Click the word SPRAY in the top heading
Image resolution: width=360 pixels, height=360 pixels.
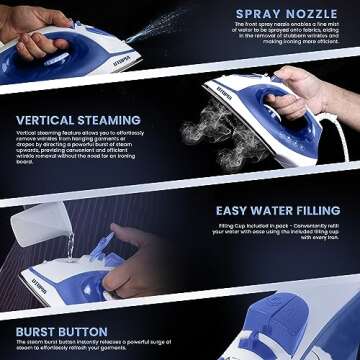(x=259, y=16)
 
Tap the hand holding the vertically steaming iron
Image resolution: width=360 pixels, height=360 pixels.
(x=310, y=95)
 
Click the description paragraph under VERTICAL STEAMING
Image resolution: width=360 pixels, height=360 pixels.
(x=85, y=149)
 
